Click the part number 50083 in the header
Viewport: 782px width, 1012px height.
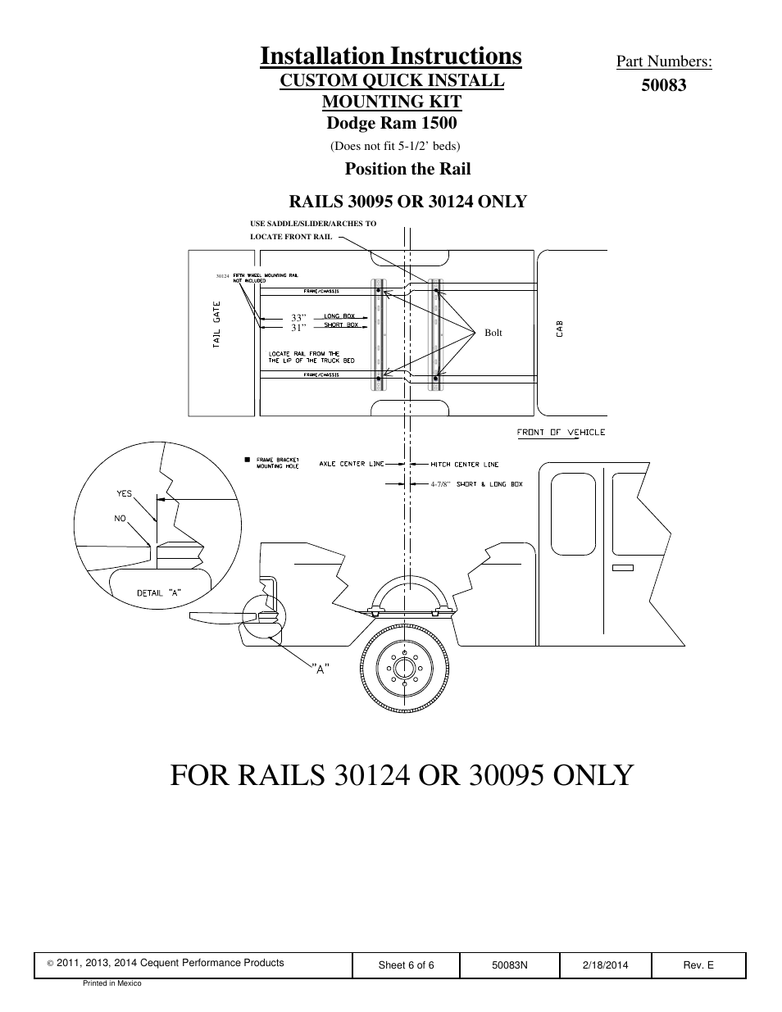pyautogui.click(x=663, y=85)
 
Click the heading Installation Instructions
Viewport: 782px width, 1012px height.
pyautogui.click(x=391, y=56)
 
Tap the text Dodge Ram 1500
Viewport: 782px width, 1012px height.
pyautogui.click(x=391, y=123)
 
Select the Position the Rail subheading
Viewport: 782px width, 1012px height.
pyautogui.click(x=407, y=169)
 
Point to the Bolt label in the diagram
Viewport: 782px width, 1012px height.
pyautogui.click(x=493, y=333)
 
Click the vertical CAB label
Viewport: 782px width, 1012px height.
pyautogui.click(x=560, y=329)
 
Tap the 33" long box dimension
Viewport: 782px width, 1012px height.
pyautogui.click(x=298, y=318)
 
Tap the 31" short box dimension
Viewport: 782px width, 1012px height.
pyautogui.click(x=298, y=328)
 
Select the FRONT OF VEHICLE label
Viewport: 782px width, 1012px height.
pyautogui.click(x=561, y=433)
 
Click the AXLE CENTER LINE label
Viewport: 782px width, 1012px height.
pyautogui.click(x=352, y=465)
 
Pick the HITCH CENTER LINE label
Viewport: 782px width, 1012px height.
pyautogui.click(x=464, y=465)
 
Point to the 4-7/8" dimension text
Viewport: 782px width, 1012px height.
pyautogui.click(x=441, y=484)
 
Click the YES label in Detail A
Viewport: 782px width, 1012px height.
pyautogui.click(x=124, y=494)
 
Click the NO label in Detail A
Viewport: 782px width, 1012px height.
pyautogui.click(x=120, y=518)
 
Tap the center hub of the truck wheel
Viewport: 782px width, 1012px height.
pyautogui.click(x=403, y=668)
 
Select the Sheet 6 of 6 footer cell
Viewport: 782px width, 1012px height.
pyautogui.click(x=406, y=965)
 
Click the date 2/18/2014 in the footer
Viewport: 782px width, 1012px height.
pyautogui.click(x=605, y=965)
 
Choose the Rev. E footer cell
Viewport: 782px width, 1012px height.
pyautogui.click(x=698, y=965)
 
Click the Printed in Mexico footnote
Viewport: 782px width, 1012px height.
pyautogui.click(x=112, y=983)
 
